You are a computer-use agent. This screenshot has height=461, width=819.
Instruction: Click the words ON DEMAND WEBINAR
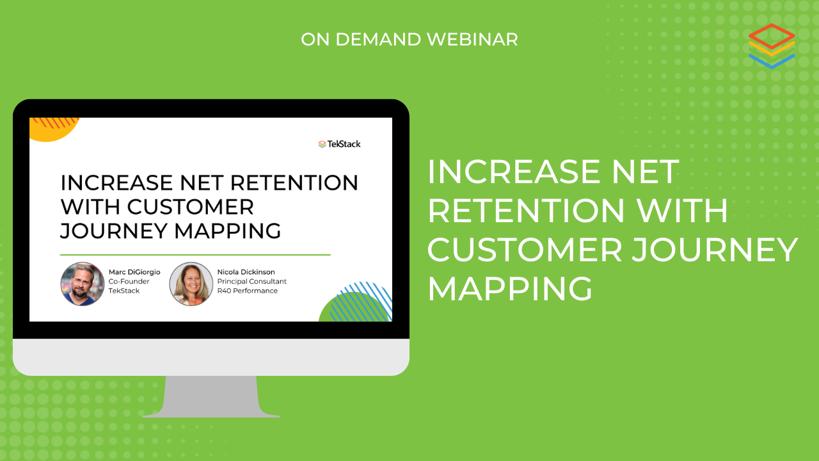pos(409,40)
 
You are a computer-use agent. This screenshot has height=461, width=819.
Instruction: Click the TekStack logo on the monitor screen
pos(339,144)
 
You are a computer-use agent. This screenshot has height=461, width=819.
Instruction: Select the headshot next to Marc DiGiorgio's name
pos(83,284)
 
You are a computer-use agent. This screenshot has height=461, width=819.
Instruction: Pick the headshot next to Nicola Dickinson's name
pos(191,284)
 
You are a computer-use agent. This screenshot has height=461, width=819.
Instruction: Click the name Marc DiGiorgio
pos(134,272)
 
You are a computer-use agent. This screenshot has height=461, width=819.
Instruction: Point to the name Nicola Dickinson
pos(246,272)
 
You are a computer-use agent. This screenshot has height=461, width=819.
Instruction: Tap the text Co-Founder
pos(129,281)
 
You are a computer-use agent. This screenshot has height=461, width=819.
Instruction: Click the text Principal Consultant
pos(252,281)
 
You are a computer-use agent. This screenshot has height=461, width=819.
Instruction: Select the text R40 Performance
pos(248,291)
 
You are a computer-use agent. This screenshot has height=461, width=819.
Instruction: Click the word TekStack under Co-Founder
pos(124,291)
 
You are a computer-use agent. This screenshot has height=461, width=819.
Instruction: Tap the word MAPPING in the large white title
pos(510,289)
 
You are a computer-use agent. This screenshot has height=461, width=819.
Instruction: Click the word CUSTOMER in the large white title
pos(525,250)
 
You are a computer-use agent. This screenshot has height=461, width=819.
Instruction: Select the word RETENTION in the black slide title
pos(294,182)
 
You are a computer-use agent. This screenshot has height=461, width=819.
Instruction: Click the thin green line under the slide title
pos(195,255)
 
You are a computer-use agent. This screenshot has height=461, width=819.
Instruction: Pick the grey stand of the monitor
pos(211,396)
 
